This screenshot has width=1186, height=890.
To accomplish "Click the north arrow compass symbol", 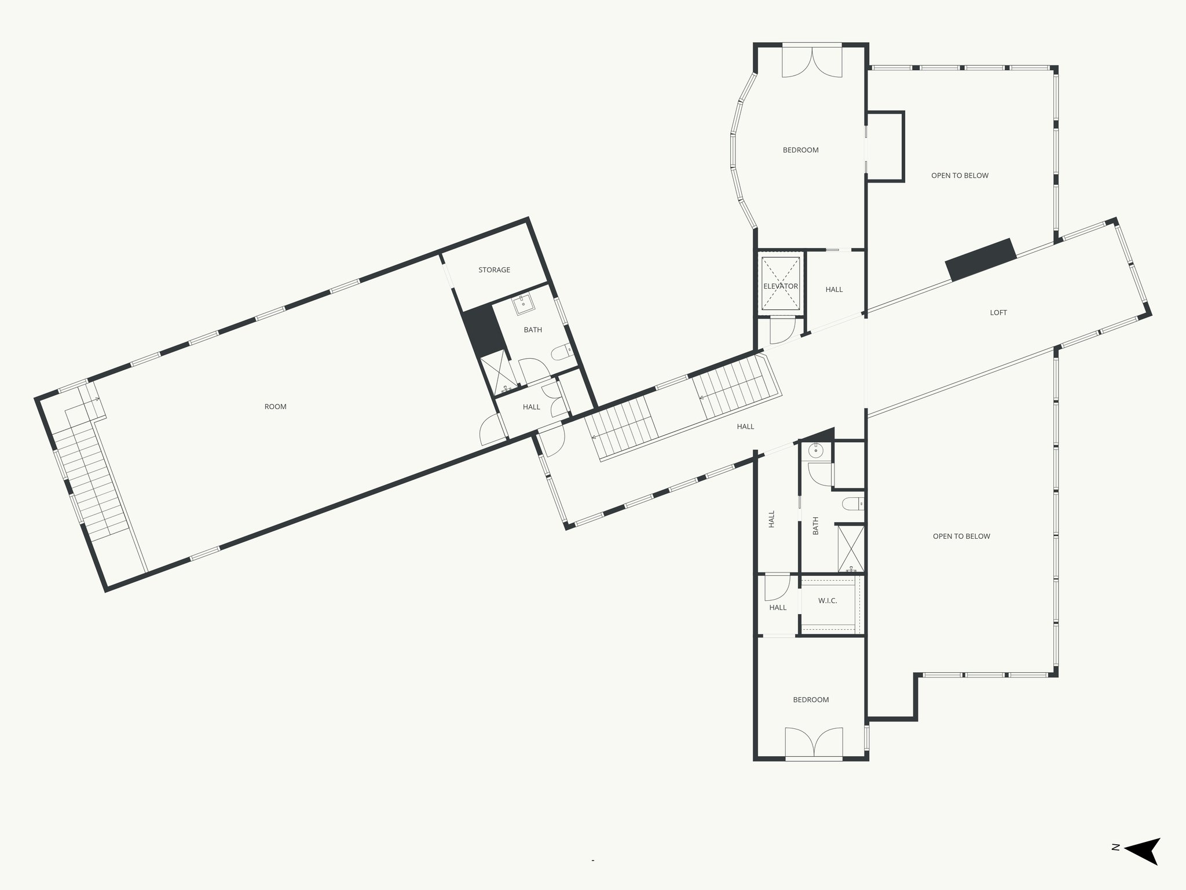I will click(x=1143, y=867).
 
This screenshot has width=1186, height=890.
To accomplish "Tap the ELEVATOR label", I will click(x=781, y=286).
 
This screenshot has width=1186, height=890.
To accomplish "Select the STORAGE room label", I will click(x=494, y=270).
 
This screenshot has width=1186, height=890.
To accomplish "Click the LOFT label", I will click(x=998, y=313).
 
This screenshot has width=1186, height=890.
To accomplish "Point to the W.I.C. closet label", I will click(x=828, y=601).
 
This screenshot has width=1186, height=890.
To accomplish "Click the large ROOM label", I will click(x=276, y=407).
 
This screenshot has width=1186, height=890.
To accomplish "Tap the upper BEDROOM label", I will click(x=800, y=150).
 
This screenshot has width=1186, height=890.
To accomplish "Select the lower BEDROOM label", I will click(x=811, y=700).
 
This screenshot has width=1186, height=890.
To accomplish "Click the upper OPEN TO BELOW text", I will click(x=960, y=176).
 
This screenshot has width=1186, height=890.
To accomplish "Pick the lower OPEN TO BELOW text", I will click(x=961, y=537).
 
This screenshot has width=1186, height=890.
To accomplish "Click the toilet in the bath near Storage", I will click(x=561, y=352).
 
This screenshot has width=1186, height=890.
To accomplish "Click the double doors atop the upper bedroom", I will click(x=812, y=62).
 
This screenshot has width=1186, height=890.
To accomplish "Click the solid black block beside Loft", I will click(x=980, y=260).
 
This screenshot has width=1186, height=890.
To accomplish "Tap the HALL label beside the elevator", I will click(x=834, y=290).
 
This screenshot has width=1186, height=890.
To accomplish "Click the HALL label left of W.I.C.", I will click(x=778, y=608).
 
